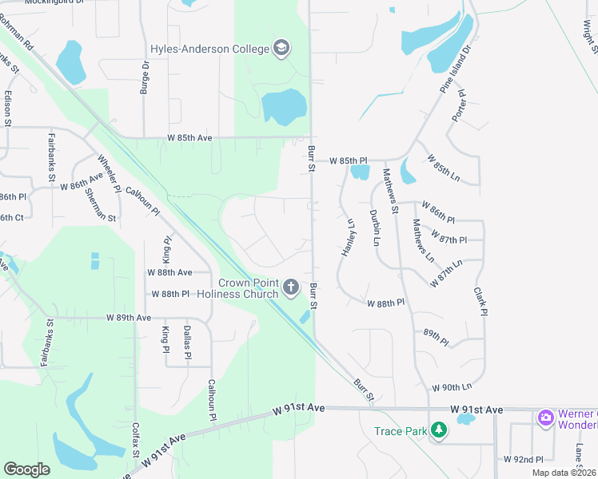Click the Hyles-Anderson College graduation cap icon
[x=281, y=49]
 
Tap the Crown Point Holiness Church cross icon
[x=292, y=287]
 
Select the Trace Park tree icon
[x=438, y=431]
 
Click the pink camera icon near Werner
[x=546, y=417]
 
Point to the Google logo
[x=26, y=469]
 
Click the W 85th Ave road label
[x=189, y=138]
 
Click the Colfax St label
[x=136, y=440]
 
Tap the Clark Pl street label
[x=480, y=303]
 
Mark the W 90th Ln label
[x=452, y=387]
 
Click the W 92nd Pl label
[x=524, y=460]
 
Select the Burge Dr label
[x=145, y=78]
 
